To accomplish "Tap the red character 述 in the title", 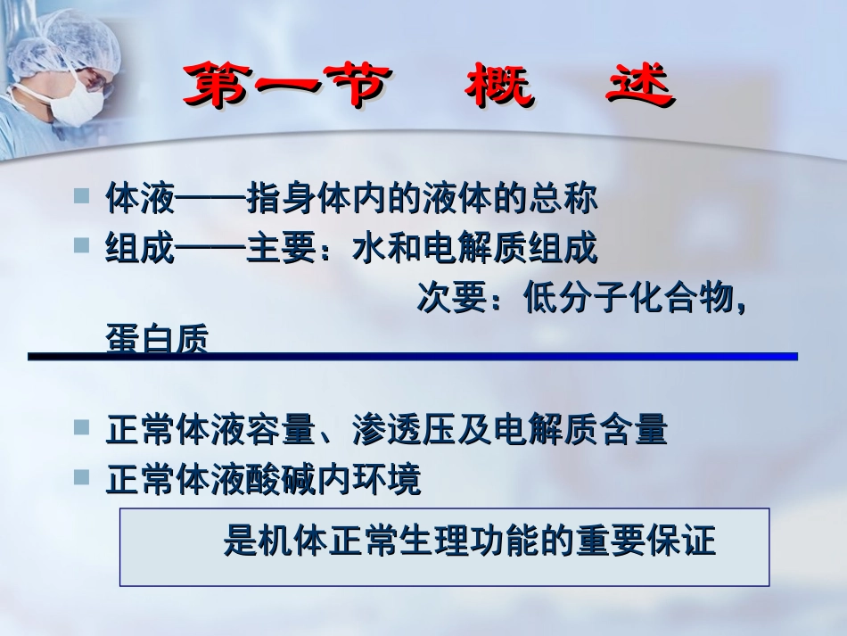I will pyautogui.click(x=640, y=87).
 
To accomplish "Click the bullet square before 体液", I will pyautogui.click(x=81, y=194).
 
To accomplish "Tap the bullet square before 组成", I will pyautogui.click(x=81, y=245).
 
